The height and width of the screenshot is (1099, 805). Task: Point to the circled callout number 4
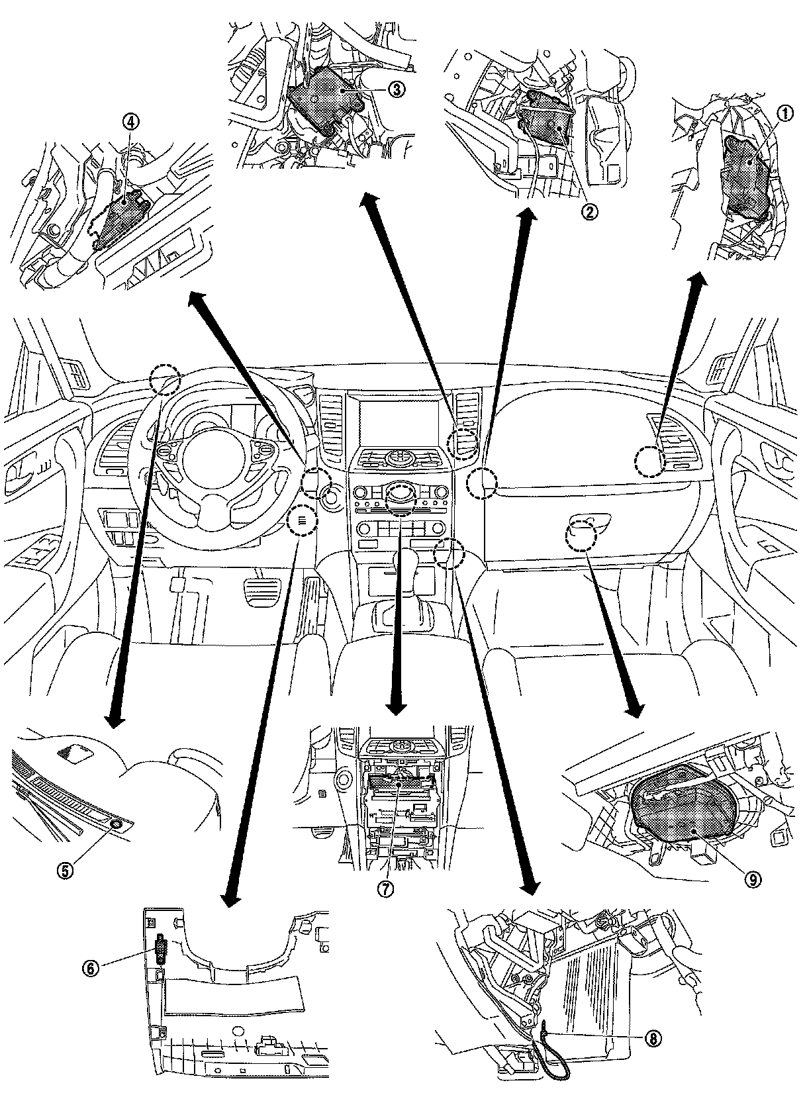130,121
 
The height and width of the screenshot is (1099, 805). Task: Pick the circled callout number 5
64,871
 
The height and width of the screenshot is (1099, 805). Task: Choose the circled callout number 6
90,968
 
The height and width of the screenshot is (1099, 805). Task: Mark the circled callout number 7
386,889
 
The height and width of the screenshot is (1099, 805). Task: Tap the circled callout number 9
753,879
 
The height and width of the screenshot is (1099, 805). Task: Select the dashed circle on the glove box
581,535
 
